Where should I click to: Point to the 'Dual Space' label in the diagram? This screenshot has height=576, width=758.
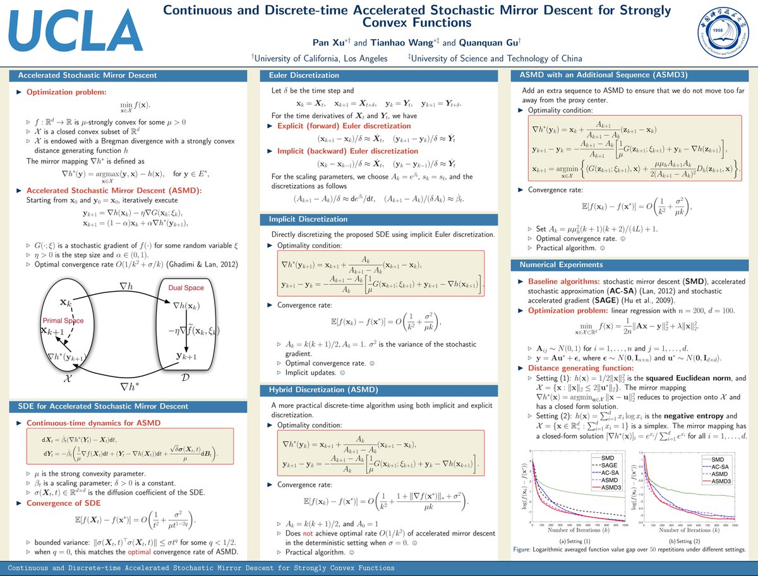click(x=186, y=288)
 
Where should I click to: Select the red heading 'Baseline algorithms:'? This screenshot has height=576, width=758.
click(x=560, y=280)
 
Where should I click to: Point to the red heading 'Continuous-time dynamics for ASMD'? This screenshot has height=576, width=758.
click(x=93, y=423)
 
